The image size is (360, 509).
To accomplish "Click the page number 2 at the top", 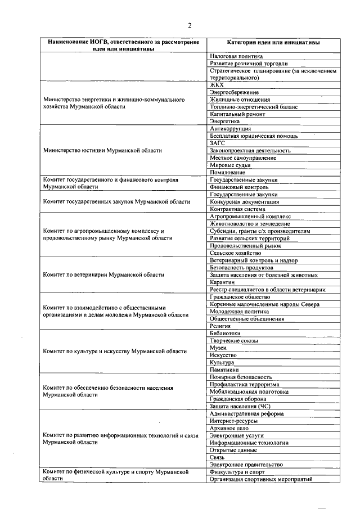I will click(190, 25).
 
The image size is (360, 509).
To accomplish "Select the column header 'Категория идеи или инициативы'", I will click(274, 42).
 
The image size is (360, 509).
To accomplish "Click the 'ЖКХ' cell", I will click(217, 85).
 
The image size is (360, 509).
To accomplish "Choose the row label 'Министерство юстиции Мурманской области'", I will click(102, 151).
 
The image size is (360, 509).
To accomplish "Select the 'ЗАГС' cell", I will click(218, 143).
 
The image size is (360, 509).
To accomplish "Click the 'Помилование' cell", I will click(227, 173).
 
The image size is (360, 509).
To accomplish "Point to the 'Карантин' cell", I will click(222, 282).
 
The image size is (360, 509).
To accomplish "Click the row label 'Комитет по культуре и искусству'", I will click(115, 352).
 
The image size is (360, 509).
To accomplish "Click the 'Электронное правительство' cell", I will click(246, 465).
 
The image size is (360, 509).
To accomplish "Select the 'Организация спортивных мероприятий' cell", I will click(260, 479).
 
